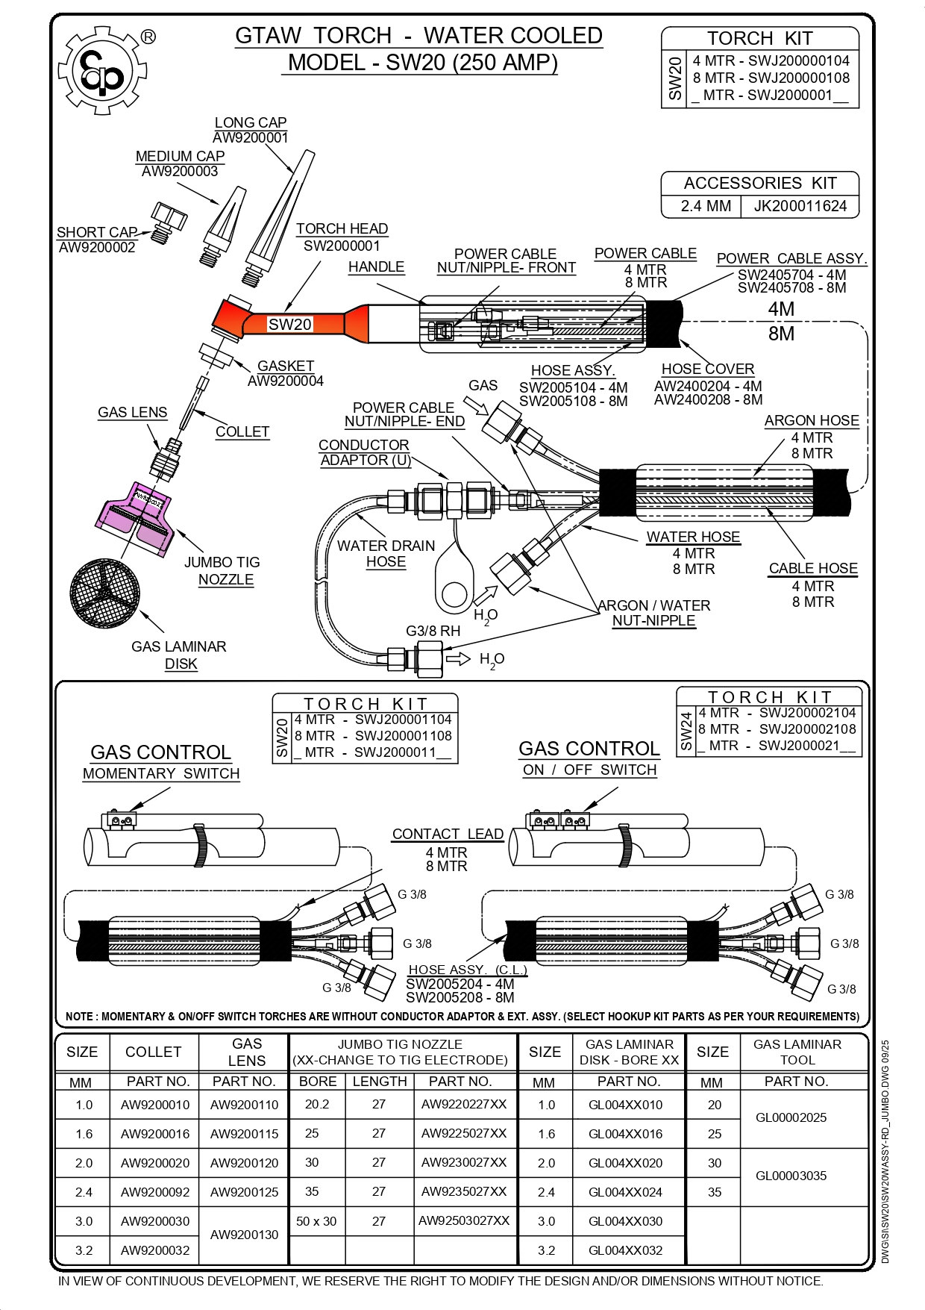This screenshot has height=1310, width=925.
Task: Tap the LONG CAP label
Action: (251, 122)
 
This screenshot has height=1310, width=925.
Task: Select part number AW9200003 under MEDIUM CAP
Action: (180, 172)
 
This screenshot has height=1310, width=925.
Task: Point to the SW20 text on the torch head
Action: (289, 325)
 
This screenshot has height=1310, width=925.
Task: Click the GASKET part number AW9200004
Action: (286, 381)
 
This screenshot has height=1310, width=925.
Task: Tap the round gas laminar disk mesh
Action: (104, 594)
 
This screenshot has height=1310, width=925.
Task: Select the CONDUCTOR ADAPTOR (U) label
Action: (365, 452)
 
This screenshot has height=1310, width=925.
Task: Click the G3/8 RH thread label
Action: (433, 631)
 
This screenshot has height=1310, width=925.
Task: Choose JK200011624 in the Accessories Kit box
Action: (800, 206)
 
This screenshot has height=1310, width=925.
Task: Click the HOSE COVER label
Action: (708, 369)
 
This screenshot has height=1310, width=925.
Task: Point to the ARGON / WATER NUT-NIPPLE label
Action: (654, 613)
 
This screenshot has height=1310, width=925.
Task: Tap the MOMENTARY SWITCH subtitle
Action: (161, 774)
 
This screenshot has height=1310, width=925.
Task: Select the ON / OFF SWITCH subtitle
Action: (589, 770)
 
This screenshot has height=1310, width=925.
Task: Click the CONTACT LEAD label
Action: (448, 835)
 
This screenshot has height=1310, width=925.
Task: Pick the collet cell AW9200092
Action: (155, 1192)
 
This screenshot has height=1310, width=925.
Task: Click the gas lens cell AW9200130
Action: (244, 1235)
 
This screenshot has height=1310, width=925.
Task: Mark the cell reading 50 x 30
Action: (316, 1221)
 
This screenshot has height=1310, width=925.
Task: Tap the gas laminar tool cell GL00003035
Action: (791, 1176)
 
